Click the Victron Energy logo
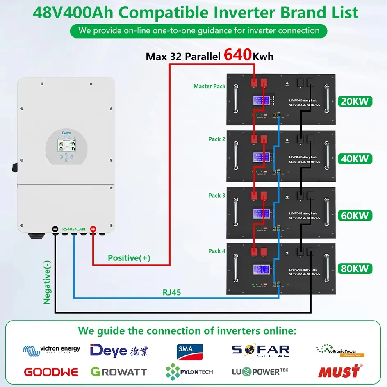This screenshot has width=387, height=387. (52, 349)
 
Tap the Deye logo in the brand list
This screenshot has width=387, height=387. (119, 351)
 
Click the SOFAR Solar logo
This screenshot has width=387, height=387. (261, 351)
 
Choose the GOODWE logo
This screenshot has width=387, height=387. (51, 372)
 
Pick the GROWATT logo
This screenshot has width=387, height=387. (119, 372)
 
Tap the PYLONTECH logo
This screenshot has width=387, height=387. (189, 372)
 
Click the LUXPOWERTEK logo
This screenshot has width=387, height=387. (260, 372)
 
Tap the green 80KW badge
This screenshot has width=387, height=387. (355, 269)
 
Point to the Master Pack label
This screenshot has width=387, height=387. (209, 86)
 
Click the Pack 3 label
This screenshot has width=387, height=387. (217, 196)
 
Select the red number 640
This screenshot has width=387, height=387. (238, 55)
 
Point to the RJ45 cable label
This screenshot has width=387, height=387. (173, 293)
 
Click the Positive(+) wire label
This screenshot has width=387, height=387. (129, 258)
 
